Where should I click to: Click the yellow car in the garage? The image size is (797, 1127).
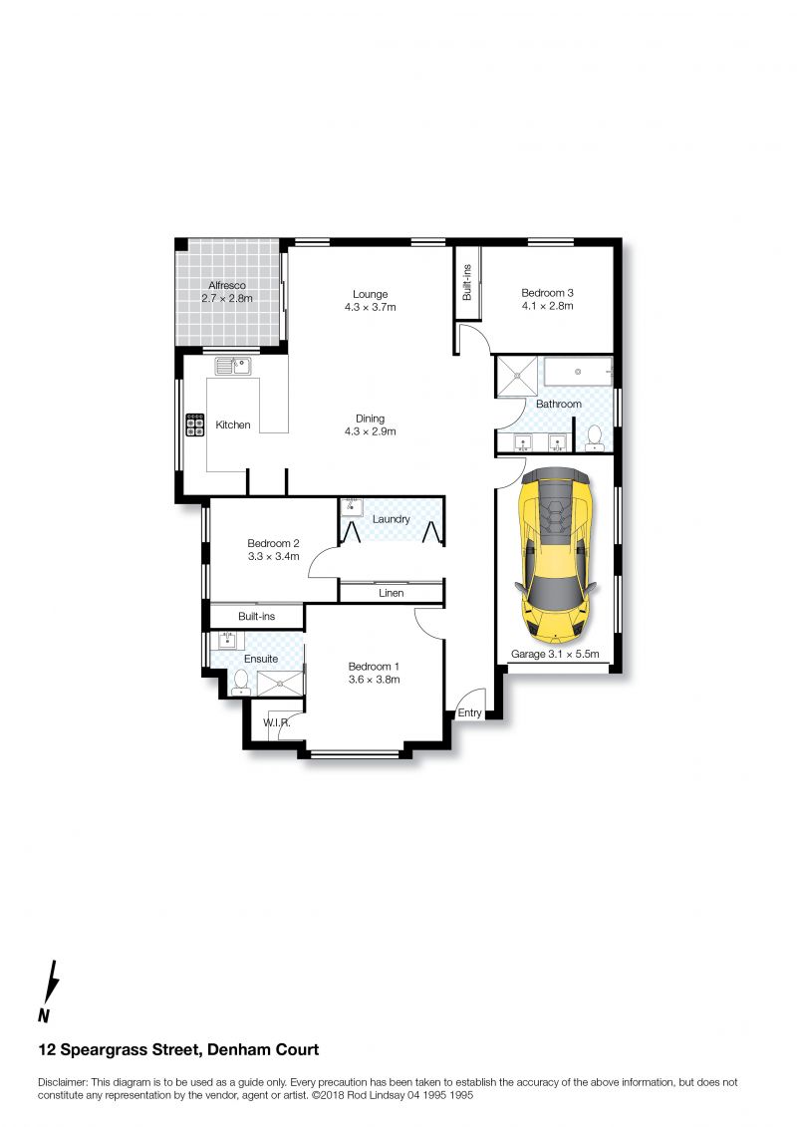[x=556, y=555]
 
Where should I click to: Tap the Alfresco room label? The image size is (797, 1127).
[x=227, y=285]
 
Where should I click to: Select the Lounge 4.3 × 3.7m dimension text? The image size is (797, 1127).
[x=371, y=307]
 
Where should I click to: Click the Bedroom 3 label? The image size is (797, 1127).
[x=547, y=293]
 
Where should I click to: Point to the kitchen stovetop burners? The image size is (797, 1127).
[x=194, y=424]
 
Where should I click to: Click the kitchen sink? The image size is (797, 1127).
[x=233, y=367]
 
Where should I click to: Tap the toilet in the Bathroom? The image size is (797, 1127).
[x=595, y=437]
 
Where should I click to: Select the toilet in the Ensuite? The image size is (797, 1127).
[x=241, y=682]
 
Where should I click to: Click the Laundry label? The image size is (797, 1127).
[x=391, y=519]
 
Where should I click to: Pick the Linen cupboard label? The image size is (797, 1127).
[x=391, y=593]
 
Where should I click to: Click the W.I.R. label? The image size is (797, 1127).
[x=277, y=722]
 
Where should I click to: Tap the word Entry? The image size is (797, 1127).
[x=469, y=713]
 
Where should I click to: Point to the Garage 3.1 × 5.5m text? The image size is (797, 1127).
[x=555, y=654]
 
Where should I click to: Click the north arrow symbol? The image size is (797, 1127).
[x=48, y=989]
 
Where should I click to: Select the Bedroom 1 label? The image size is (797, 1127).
[x=374, y=667]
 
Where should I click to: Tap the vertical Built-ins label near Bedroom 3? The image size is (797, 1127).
[x=467, y=282]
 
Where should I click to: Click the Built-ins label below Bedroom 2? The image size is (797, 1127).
[x=257, y=616]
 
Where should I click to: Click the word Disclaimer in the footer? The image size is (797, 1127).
[x=63, y=1082]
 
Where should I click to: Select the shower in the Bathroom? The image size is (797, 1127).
[x=517, y=377]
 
